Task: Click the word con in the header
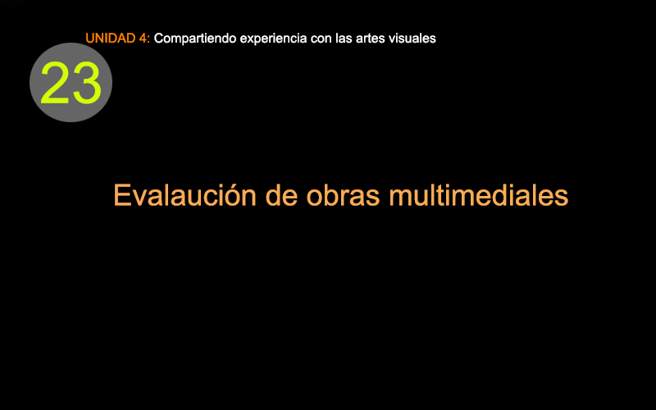(321, 39)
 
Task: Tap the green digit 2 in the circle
(55, 83)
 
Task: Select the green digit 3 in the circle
(86, 83)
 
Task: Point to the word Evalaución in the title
(185, 195)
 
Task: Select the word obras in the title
(343, 195)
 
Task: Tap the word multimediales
(479, 195)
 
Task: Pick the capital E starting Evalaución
(121, 195)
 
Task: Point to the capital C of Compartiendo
(158, 39)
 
